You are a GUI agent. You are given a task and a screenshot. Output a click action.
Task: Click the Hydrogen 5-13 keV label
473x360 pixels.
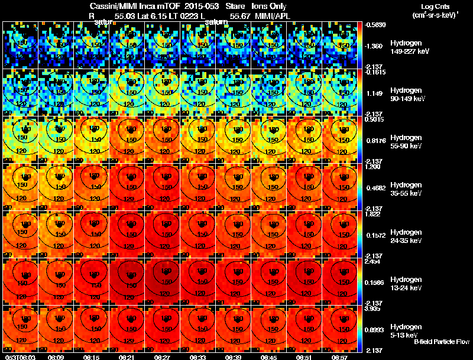coord(406,331)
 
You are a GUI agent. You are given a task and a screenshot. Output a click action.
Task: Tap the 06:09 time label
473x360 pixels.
coord(56,357)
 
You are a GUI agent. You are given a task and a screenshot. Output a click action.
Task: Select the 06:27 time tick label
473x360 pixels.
coord(163,357)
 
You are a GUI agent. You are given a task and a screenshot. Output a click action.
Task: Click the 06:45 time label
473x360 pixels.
coord(269,357)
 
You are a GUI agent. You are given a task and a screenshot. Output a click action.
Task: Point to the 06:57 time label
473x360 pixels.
coord(340,357)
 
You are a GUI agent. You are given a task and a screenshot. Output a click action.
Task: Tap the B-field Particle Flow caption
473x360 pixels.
coord(442,342)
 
